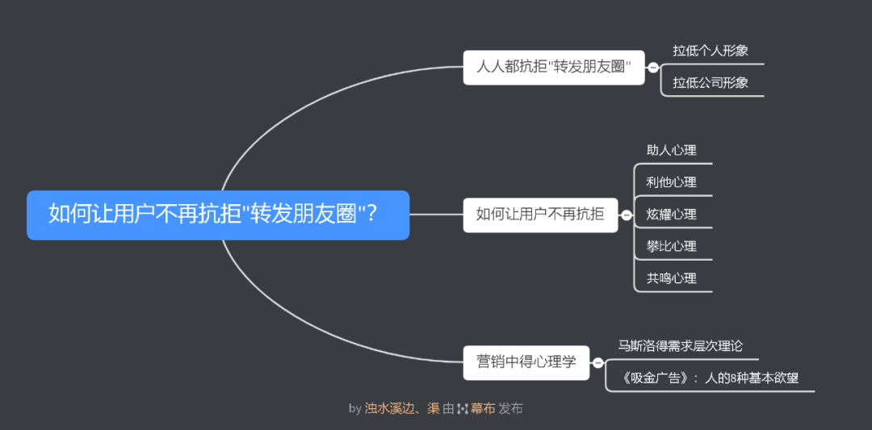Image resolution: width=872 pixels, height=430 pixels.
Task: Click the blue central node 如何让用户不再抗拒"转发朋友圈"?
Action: (218, 215)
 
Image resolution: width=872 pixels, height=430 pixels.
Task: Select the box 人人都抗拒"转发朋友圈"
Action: (554, 67)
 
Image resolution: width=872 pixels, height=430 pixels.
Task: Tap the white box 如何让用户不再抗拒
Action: (539, 215)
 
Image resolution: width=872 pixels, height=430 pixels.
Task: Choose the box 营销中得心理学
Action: (526, 361)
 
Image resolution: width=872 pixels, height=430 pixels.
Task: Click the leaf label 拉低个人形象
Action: (711, 50)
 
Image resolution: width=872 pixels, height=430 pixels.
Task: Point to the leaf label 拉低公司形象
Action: (711, 82)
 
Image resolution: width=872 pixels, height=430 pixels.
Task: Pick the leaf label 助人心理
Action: (671, 150)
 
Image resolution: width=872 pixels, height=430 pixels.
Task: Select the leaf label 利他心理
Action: (671, 182)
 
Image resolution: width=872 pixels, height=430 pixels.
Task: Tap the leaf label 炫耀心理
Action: (671, 215)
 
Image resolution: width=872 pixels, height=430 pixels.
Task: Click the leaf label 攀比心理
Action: (671, 246)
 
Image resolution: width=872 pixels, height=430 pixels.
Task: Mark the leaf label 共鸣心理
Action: (671, 278)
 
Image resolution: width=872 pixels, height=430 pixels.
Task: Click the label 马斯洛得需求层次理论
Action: (680, 346)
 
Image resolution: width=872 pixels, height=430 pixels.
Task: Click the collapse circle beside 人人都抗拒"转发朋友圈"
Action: (653, 68)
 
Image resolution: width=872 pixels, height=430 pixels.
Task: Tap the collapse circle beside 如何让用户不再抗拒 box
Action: (626, 215)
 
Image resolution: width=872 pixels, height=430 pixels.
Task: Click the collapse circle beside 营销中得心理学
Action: (598, 362)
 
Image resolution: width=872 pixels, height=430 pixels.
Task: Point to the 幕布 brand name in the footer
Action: (483, 408)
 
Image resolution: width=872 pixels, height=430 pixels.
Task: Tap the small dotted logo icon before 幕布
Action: (463, 408)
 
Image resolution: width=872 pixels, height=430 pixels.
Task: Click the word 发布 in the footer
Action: (510, 408)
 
